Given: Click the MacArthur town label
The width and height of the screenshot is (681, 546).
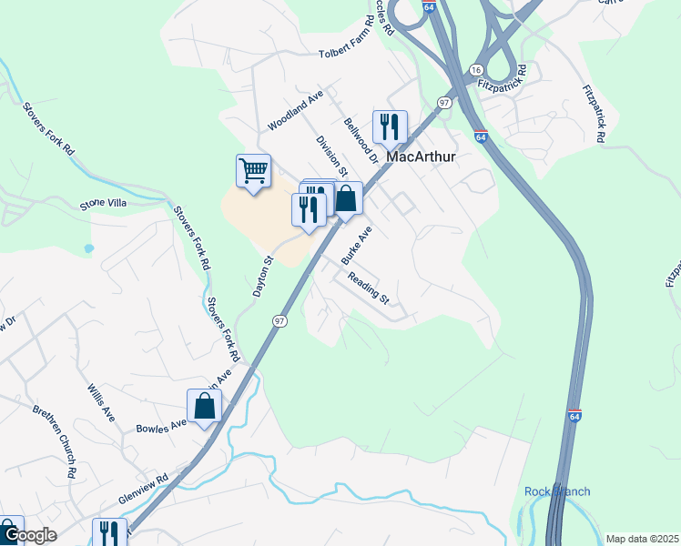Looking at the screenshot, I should (421, 157).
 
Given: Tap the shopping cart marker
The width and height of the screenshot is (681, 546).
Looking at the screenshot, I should (253, 170).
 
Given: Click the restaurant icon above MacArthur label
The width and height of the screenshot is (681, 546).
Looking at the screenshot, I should (390, 126).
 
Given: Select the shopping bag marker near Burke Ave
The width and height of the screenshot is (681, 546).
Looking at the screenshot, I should (346, 198).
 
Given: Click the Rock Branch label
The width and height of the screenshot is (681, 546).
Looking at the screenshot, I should (557, 491).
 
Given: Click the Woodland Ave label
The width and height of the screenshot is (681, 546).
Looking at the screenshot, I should (296, 110).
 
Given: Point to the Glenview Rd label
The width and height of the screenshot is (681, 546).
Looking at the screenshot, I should (144, 489).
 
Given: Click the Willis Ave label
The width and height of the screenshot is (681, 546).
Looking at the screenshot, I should (100, 402).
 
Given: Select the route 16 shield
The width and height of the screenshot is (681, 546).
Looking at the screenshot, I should (475, 70).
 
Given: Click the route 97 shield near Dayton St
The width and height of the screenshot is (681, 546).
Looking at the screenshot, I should (280, 321).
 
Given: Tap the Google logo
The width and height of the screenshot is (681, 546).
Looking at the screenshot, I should (29, 535).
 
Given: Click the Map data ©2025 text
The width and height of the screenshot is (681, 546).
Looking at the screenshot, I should (642, 539).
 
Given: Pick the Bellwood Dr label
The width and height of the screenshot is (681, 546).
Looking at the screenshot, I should (361, 139).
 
